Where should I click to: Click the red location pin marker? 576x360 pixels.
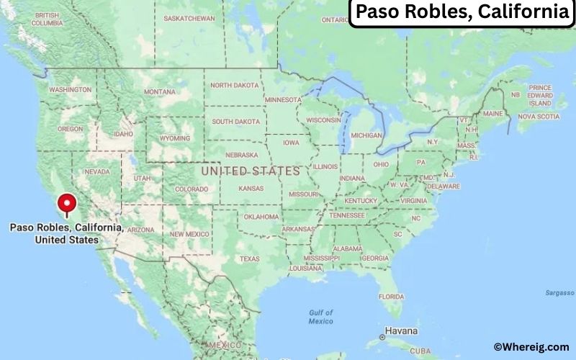(68, 204)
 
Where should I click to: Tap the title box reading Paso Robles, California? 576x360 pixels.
(462, 13)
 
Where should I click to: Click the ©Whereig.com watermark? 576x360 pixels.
(532, 347)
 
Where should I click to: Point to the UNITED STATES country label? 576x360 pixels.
(251, 171)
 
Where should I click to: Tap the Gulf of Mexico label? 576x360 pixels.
(320, 317)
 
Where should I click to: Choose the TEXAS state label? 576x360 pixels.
(250, 258)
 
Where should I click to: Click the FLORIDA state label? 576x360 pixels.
(391, 297)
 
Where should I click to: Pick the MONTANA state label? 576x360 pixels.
(159, 92)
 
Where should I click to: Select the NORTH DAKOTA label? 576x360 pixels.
(234, 85)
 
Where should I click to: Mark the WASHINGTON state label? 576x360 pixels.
(70, 90)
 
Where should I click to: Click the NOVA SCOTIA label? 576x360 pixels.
(539, 116)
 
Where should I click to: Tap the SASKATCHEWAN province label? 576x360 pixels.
(189, 17)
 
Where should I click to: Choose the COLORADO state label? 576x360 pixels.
(191, 189)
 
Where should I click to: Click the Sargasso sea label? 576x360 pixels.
(559, 294)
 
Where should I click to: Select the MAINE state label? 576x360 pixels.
(493, 114)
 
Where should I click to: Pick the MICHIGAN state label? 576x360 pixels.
(366, 135)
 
